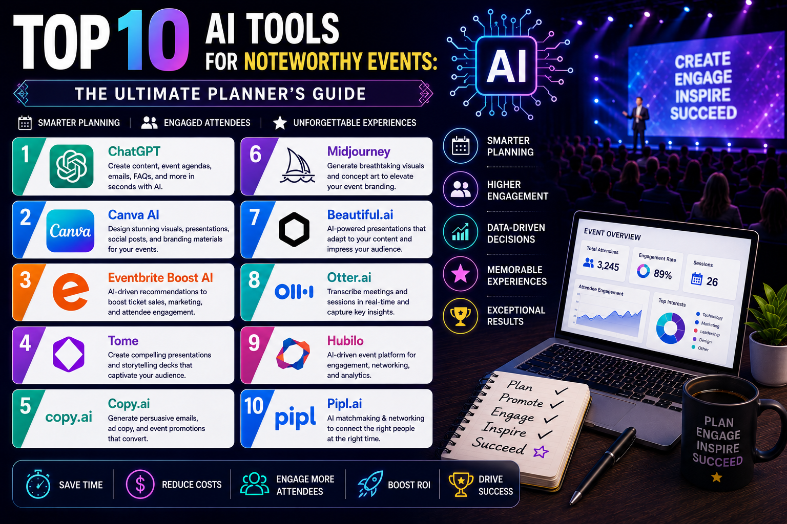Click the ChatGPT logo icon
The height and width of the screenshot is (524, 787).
(x=71, y=166)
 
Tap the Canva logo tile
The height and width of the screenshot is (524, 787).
(x=70, y=231)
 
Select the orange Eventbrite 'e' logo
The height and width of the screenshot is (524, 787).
(x=70, y=292)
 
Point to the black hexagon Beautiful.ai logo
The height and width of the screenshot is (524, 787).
(x=294, y=230)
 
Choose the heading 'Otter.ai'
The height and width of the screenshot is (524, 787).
(x=349, y=277)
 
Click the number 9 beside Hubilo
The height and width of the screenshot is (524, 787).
(x=254, y=343)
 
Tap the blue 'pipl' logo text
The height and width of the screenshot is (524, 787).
(x=295, y=418)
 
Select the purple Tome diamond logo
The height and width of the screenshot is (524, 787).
(x=69, y=354)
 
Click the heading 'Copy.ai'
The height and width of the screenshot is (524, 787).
(x=129, y=404)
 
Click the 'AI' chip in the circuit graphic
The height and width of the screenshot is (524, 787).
(x=506, y=65)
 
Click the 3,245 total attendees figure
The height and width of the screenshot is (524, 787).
(x=608, y=266)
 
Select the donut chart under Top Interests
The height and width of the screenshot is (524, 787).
(x=670, y=328)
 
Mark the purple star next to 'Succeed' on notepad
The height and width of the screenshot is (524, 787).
(x=541, y=452)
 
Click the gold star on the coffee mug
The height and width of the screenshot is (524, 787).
(x=716, y=477)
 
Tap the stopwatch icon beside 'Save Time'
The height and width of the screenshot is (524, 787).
(x=38, y=484)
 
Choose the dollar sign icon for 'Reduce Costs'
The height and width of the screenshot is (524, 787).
(x=140, y=485)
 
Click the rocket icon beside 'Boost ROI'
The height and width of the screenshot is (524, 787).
(x=369, y=484)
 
